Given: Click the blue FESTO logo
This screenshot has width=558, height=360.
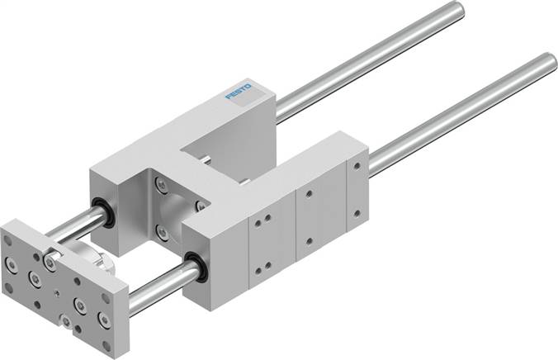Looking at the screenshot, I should click(x=243, y=101).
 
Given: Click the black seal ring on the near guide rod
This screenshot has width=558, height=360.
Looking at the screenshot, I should click(x=196, y=268).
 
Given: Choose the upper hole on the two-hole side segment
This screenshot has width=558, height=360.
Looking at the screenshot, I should click(x=310, y=195).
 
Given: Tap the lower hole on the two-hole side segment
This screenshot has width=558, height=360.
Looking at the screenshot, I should click(x=310, y=241).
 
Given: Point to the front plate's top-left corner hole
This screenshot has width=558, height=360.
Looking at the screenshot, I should click(x=9, y=238).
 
